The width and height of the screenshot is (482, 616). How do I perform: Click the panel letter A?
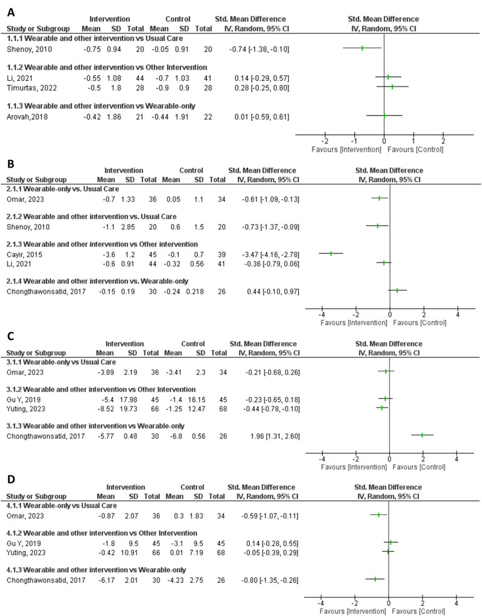pos(9,8)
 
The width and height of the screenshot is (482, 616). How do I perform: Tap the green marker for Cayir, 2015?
pos(331,253)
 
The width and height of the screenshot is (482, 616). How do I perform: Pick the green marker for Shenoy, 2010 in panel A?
pos(362,48)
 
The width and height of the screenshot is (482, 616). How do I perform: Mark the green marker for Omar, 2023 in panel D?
pos(378,515)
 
